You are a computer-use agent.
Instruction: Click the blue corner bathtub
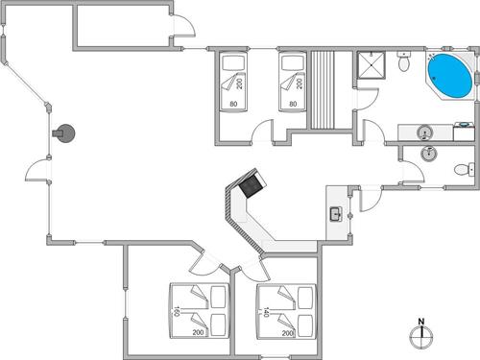point(447,74)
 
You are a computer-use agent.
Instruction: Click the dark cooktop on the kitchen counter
point(252,184)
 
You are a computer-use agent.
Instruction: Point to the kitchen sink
point(336,213)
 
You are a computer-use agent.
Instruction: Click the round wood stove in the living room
point(65,133)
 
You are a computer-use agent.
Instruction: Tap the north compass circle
point(420,337)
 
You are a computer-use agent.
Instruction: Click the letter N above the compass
point(420,321)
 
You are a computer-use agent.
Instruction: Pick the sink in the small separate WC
point(429,155)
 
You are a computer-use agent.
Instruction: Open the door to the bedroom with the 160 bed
point(202,261)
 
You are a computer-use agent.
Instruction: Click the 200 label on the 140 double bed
point(287,333)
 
